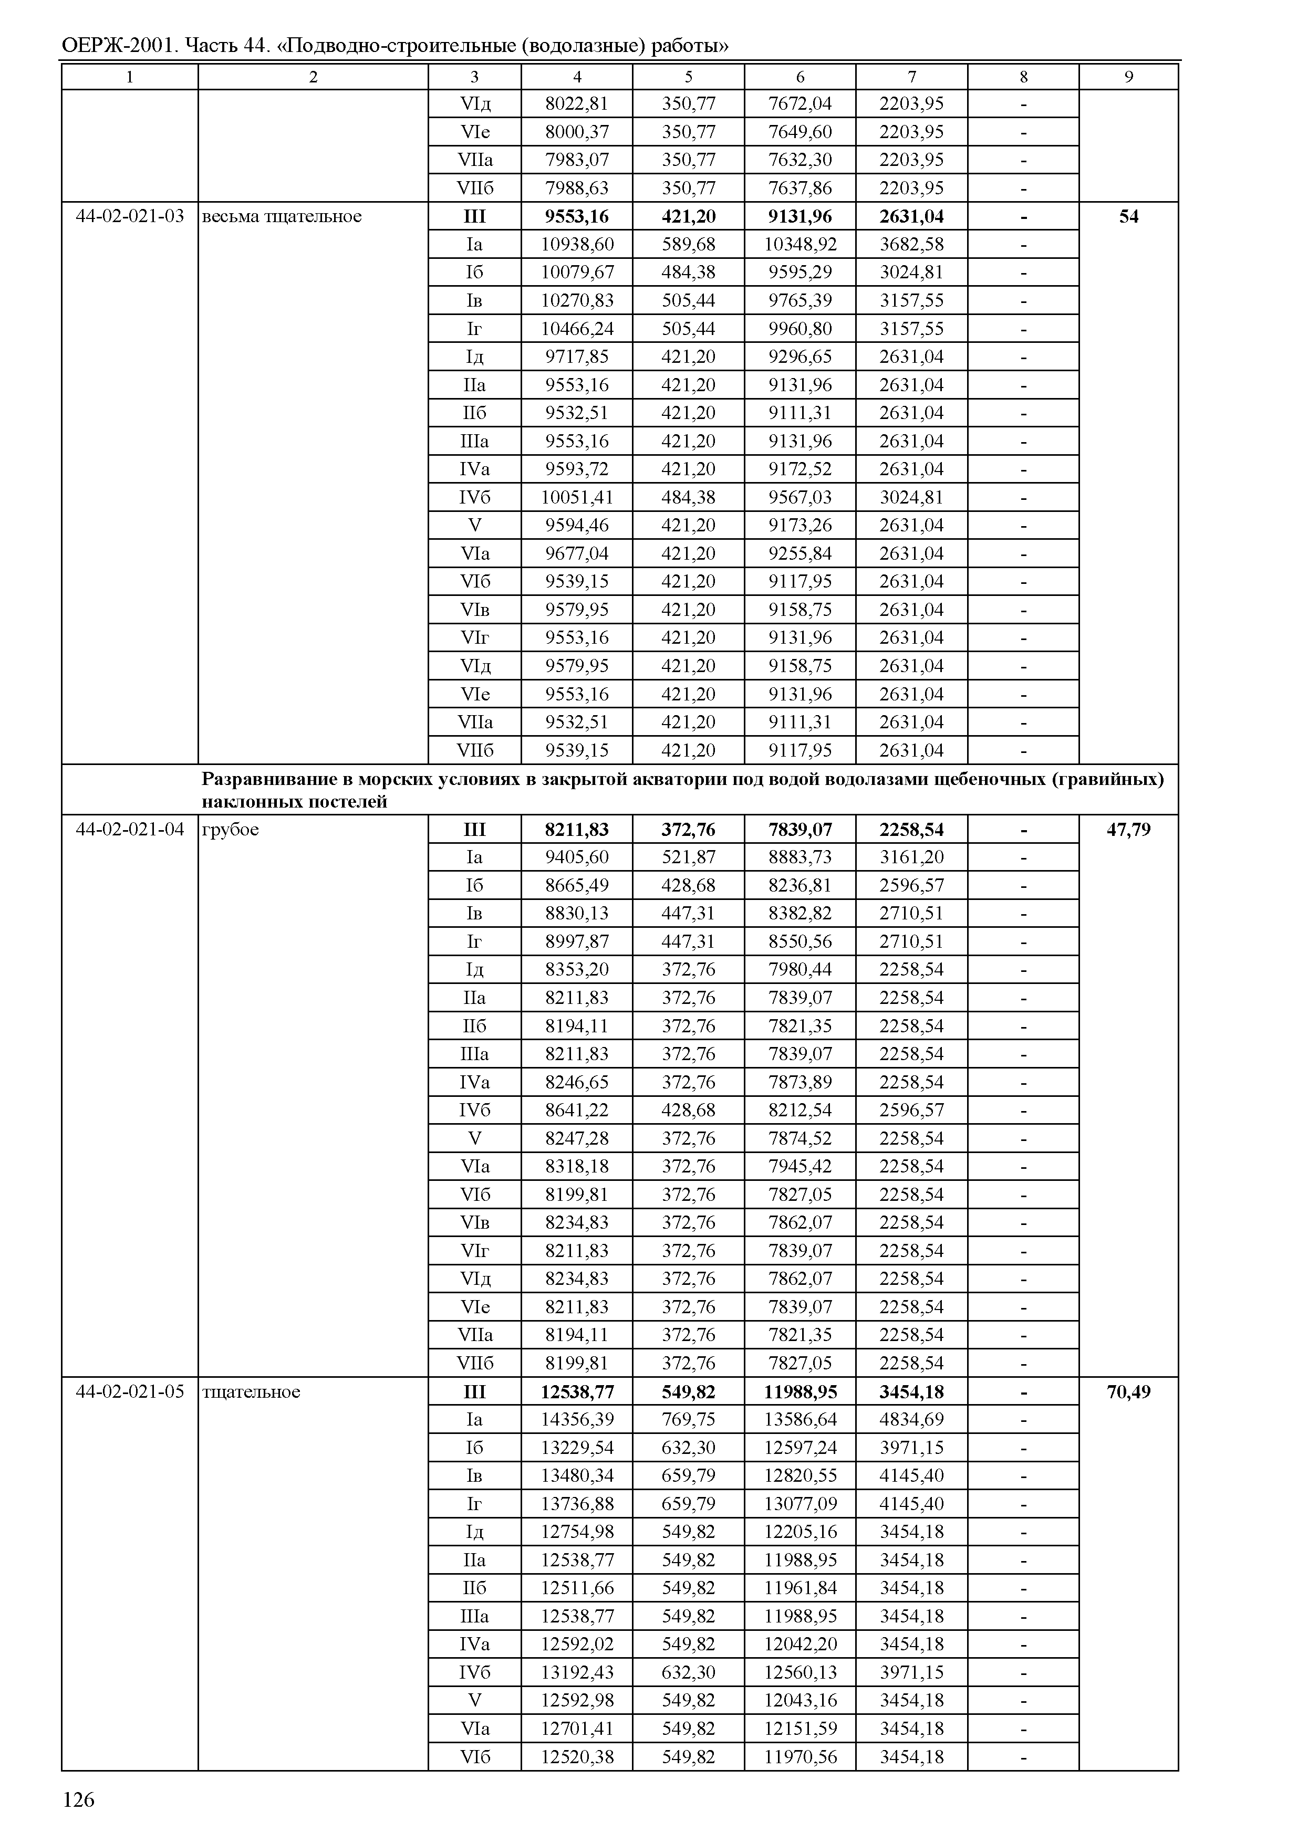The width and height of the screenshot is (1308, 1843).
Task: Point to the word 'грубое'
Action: tap(231, 829)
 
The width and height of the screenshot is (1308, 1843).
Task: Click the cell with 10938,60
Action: tap(577, 245)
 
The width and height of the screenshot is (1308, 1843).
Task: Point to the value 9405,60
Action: tap(577, 857)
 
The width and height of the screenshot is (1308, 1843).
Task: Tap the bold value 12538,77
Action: tap(577, 1392)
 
